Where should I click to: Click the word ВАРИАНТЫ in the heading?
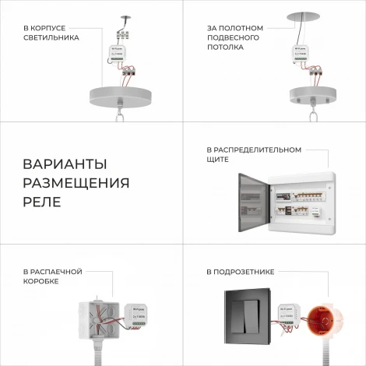(x=65, y=165)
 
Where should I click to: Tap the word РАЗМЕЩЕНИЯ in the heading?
(x=76, y=184)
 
